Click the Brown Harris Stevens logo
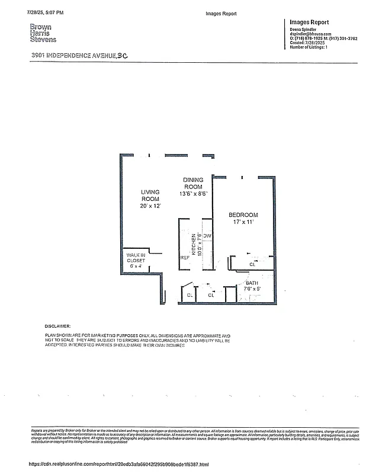coord(43,33)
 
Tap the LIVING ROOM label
coord(150,196)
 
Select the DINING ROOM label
coord(193,183)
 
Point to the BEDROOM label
coord(243,214)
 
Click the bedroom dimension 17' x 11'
coord(243,222)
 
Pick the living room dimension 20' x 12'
coord(150,206)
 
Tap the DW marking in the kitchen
coord(207,236)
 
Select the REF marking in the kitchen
coord(184,258)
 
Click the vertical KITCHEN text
coord(193,244)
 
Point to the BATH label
coord(252,283)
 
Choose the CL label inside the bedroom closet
coord(252,264)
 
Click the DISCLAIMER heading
coord(57,326)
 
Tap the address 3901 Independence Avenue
coord(79,55)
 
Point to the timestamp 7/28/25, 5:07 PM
coord(45,12)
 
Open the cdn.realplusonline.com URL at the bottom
coord(119,465)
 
